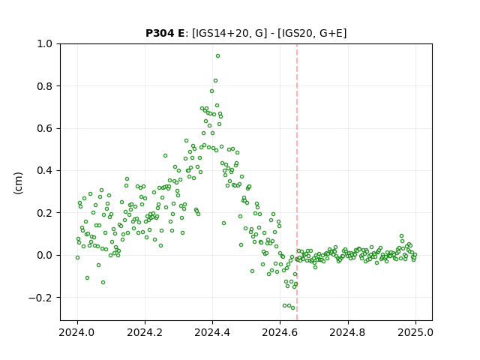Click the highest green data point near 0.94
(x=217, y=56)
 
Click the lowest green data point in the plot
(x=293, y=308)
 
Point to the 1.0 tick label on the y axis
(x=44, y=43)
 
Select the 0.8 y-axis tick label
(x=44, y=86)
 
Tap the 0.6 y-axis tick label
(x=44, y=128)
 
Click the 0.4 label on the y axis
(x=44, y=170)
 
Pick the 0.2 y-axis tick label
(x=44, y=213)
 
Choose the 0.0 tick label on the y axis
(x=44, y=255)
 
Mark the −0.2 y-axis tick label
(x=40, y=297)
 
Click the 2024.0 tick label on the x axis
(x=77, y=332)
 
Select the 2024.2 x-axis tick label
(x=145, y=332)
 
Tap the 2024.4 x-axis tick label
(x=212, y=332)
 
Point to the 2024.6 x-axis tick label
(x=280, y=332)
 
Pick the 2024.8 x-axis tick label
(x=348, y=332)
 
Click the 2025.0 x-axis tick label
(x=415, y=332)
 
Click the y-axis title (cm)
(x=18, y=183)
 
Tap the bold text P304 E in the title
(x=165, y=33)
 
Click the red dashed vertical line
(x=297, y=182)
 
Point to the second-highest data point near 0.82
(x=215, y=81)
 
